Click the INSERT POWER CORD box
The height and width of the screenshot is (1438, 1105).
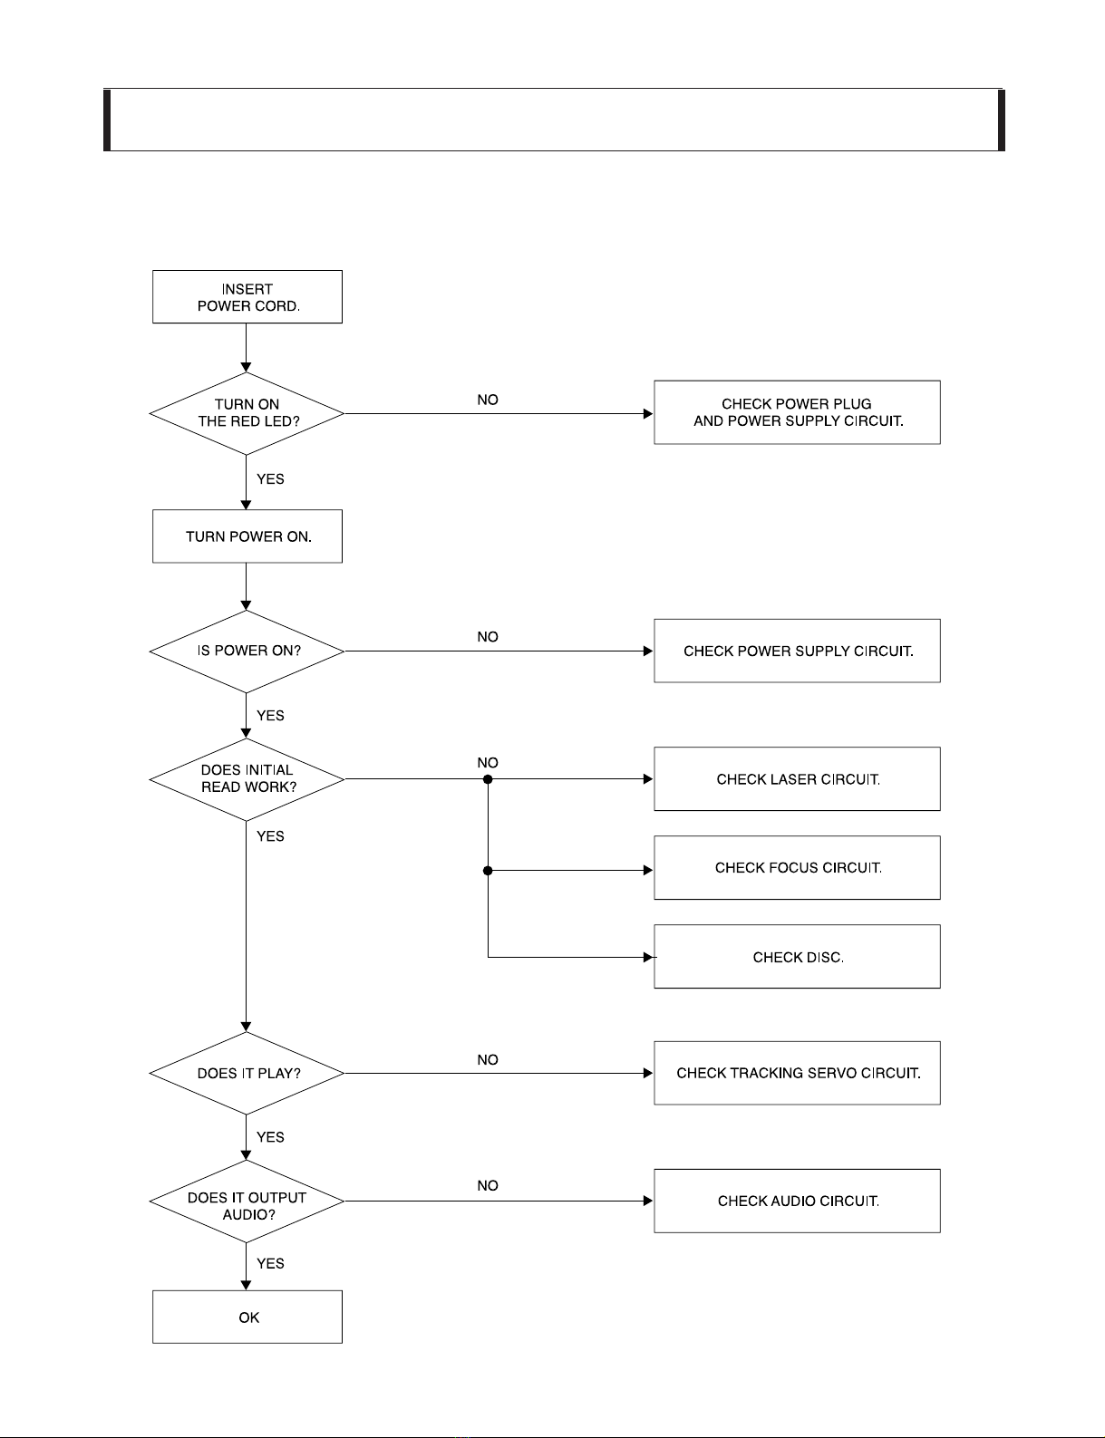coord(247,296)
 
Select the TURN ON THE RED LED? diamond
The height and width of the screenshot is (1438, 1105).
coord(247,413)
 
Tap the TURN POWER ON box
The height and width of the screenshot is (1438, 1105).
coord(247,536)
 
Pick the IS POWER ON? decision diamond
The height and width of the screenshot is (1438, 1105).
coord(247,651)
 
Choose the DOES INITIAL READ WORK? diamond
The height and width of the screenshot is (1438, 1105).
coord(247,779)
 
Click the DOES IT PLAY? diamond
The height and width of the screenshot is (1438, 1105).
coord(247,1074)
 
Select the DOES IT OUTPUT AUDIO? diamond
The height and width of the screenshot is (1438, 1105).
coord(247,1202)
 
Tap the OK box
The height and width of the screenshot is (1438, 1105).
coord(247,1317)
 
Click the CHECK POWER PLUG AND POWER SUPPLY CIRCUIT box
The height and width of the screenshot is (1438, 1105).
coord(797,412)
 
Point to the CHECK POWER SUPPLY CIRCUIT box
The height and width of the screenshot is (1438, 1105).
coord(797,651)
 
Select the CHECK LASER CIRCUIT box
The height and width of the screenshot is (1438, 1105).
coord(797,779)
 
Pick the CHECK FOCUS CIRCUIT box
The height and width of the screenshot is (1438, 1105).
coord(797,867)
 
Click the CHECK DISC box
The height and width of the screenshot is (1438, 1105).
coord(797,956)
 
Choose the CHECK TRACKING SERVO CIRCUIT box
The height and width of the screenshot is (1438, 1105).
coord(797,1073)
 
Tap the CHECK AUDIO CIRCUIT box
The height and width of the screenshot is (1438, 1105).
coord(797,1202)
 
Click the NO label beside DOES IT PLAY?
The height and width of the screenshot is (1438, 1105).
coord(488,1059)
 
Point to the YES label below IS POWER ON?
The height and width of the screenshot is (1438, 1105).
coord(270,715)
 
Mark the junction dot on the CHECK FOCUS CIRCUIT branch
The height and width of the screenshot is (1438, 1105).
coord(488,871)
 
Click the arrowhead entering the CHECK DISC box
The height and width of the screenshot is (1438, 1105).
coord(649,957)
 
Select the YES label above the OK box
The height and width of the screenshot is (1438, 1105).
coord(270,1263)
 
